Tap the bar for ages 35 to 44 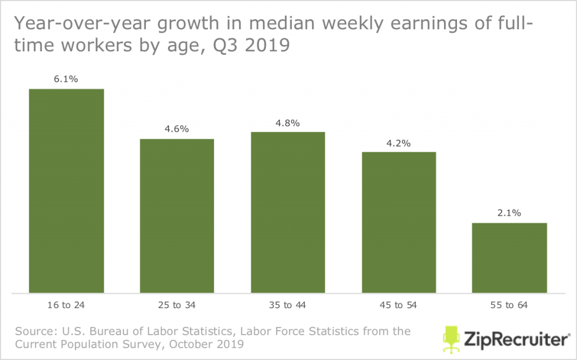(288, 212)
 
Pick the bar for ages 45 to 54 (399, 223)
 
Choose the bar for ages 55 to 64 (509, 258)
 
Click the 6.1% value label (66, 79)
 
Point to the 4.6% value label (177, 129)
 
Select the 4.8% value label (288, 122)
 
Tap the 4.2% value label (399, 143)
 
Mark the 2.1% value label (509, 213)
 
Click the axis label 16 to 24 (66, 305)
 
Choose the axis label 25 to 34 (177, 305)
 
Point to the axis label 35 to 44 (288, 305)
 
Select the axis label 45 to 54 (399, 305)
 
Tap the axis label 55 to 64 (509, 305)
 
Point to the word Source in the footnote (34, 331)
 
